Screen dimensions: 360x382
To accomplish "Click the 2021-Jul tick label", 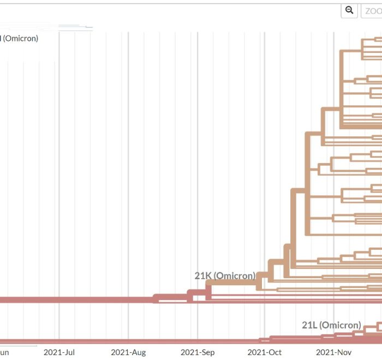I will (x=59, y=352).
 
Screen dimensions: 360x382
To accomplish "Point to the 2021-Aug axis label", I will (x=128, y=352).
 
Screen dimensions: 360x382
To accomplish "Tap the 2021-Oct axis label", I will (x=265, y=352).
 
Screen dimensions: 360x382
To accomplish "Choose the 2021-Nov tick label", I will (x=333, y=352).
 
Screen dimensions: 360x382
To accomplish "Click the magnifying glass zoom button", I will (x=349, y=10).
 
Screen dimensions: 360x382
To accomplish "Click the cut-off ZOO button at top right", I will (x=372, y=11).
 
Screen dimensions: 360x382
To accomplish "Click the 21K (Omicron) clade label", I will (x=225, y=275).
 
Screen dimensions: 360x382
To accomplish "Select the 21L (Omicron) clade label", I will (x=331, y=325).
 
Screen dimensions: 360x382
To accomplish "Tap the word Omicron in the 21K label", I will (x=235, y=275).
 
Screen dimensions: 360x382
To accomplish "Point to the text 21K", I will (x=203, y=275).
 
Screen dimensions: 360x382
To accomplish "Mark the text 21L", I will (x=309, y=325).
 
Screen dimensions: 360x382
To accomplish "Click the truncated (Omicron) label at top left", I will (x=20, y=38).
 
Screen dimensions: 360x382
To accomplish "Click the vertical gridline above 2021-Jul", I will (x=59, y=164).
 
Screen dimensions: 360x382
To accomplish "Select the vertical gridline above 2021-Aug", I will (x=128, y=164).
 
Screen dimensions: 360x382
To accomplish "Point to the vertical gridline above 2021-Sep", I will (x=198, y=164).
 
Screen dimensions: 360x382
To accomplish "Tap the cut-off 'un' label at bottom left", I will (x=4, y=352).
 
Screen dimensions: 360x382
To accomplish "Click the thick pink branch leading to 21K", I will (x=82, y=299).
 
